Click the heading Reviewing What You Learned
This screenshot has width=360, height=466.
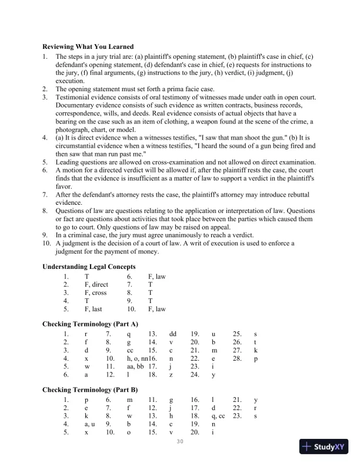tap(88, 46)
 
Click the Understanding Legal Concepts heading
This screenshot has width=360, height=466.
tap(89, 267)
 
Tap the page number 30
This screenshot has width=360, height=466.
tap(180, 441)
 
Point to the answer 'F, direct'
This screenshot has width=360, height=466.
tap(96, 284)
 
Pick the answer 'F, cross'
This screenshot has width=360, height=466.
tap(95, 292)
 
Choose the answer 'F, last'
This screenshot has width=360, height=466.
tap(94, 308)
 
